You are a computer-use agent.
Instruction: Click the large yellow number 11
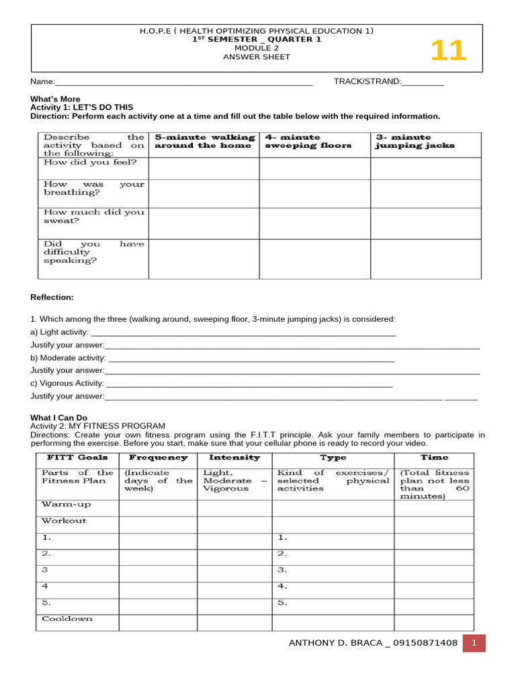[447, 51]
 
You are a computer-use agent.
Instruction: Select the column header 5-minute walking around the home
[204, 141]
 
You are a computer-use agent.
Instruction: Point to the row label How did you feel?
[90, 162]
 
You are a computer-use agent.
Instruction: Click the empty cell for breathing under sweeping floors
[314, 193]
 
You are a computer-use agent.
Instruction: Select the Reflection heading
[52, 297]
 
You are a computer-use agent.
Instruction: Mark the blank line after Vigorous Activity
[249, 385]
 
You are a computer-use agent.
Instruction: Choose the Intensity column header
[234, 458]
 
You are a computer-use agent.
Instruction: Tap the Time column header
[434, 458]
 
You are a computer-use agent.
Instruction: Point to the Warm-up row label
[66, 504]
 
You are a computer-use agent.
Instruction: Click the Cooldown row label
[67, 619]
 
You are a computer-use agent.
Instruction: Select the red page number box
[474, 643]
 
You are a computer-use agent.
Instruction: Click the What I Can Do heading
[59, 417]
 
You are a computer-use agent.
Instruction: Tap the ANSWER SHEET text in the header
[257, 57]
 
